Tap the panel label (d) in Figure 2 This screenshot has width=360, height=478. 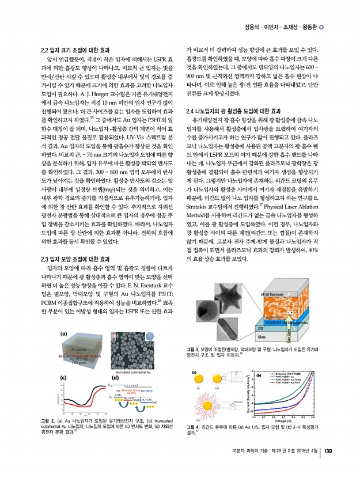click(115, 376)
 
